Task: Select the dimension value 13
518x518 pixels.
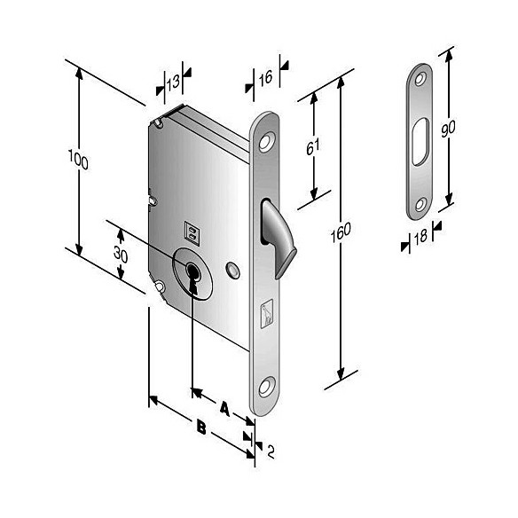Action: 173,83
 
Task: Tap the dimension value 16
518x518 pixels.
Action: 264,79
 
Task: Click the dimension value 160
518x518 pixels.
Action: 340,232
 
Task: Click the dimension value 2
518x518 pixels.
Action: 270,452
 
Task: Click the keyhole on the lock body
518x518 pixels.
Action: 192,275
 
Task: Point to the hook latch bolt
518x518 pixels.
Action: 274,235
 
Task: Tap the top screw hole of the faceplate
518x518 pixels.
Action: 266,138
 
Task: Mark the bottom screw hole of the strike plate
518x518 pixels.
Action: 419,205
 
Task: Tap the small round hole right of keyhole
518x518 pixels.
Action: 232,267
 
